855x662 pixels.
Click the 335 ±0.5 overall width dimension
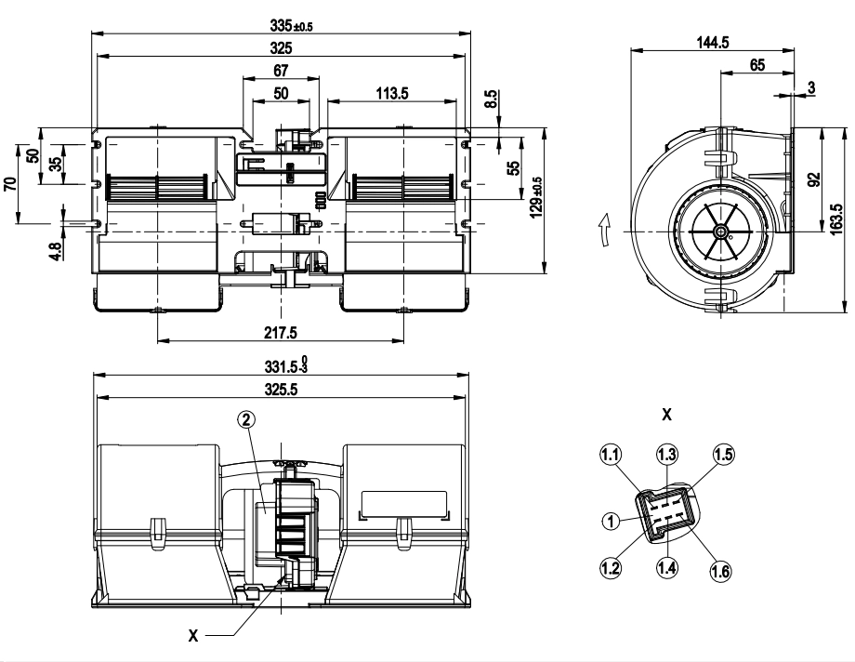(291, 25)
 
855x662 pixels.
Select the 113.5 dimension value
(391, 93)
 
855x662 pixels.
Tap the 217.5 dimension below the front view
(281, 332)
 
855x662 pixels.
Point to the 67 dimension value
(281, 71)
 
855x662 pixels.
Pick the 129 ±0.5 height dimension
(536, 197)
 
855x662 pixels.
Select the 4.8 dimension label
(56, 250)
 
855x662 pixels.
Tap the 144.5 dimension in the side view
(713, 42)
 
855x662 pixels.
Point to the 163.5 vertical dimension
(836, 220)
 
